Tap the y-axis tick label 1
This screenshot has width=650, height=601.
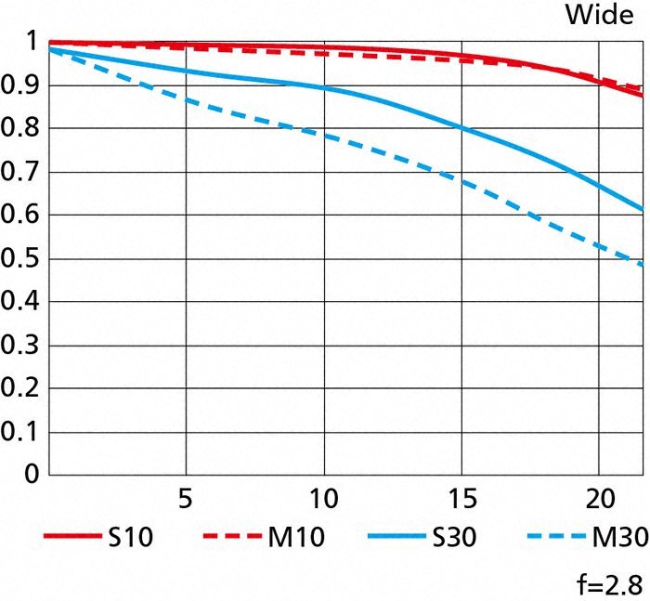click(32, 42)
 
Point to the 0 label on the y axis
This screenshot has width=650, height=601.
click(32, 476)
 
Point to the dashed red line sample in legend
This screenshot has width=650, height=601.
click(233, 538)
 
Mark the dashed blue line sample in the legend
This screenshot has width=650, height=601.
click(555, 538)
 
